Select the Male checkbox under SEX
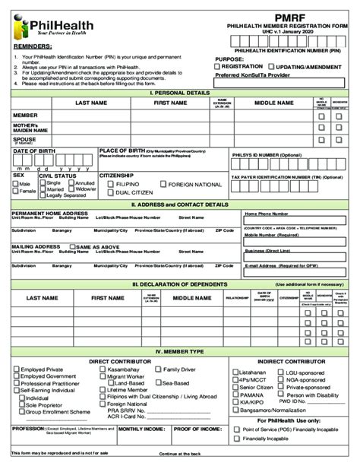(x=16, y=183)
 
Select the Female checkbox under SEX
(x=16, y=192)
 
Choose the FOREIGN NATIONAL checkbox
(x=162, y=184)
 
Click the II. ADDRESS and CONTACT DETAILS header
(x=179, y=204)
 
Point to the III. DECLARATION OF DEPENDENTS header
(x=179, y=284)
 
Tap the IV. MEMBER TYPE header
(x=179, y=351)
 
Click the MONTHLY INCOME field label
(x=139, y=428)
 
